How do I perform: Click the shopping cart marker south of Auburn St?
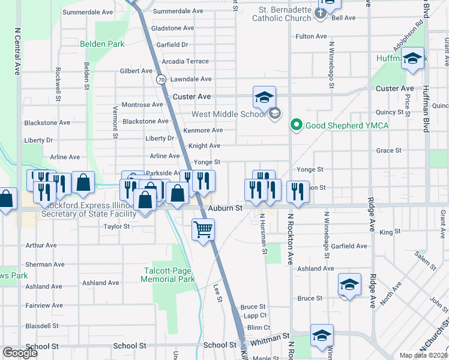click(x=203, y=229)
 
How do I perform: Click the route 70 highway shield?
click(x=160, y=79)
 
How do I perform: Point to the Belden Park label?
click(x=102, y=44)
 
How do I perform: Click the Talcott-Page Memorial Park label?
click(x=169, y=275)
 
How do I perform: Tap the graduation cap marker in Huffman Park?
click(x=412, y=59)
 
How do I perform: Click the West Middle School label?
click(x=228, y=114)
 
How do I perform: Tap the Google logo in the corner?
click(x=20, y=352)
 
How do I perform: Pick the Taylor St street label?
click(x=116, y=226)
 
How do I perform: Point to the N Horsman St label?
click(x=264, y=235)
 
